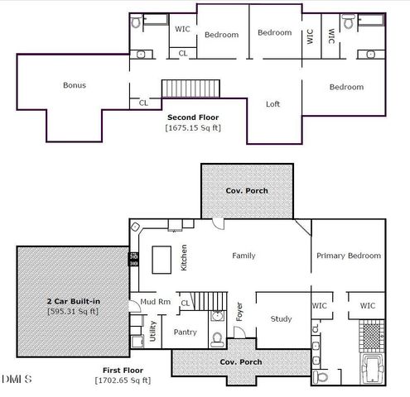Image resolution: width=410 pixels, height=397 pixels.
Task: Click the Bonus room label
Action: pyautogui.click(x=75, y=85)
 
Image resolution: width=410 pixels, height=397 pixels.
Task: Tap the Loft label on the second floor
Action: pyautogui.click(x=273, y=104)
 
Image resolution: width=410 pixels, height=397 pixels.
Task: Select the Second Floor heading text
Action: pyautogui.click(x=193, y=117)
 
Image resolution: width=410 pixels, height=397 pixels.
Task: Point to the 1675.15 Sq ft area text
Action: pyautogui.click(x=193, y=127)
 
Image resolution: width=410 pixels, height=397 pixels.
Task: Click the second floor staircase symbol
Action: pyautogui.click(x=191, y=88)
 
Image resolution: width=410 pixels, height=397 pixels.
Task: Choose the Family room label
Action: pyautogui.click(x=244, y=256)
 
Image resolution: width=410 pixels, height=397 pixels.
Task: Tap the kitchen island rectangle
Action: pyautogui.click(x=162, y=258)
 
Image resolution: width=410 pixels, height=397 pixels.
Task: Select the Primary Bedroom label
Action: pyautogui.click(x=349, y=256)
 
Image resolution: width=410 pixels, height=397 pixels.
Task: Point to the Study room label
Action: pyautogui.click(x=282, y=319)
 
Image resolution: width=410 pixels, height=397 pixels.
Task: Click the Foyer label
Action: pyautogui.click(x=239, y=313)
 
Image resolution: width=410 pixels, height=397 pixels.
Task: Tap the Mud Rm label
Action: pyautogui.click(x=155, y=302)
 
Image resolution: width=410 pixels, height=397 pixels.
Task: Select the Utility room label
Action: pyautogui.click(x=152, y=332)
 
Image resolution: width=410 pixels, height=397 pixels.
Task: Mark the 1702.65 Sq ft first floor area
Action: pyautogui.click(x=123, y=380)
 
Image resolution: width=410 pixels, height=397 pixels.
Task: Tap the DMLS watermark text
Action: pyautogui.click(x=17, y=380)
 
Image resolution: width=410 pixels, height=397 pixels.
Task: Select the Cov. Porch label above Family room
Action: pyautogui.click(x=247, y=190)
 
